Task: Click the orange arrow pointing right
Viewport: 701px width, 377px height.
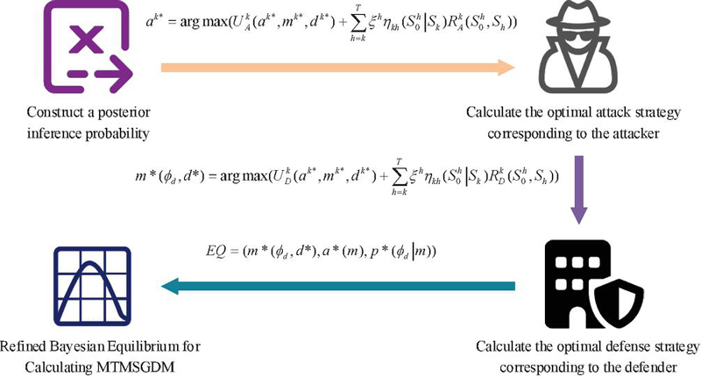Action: coord(338,68)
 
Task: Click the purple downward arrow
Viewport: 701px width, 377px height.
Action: coord(579,189)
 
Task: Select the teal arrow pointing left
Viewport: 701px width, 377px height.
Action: coord(338,286)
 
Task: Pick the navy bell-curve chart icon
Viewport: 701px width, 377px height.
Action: coord(93,286)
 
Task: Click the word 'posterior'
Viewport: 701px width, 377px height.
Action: coord(124,112)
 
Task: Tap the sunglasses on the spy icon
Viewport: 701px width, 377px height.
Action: coord(578,39)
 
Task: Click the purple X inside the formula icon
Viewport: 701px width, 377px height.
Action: coord(89,39)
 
